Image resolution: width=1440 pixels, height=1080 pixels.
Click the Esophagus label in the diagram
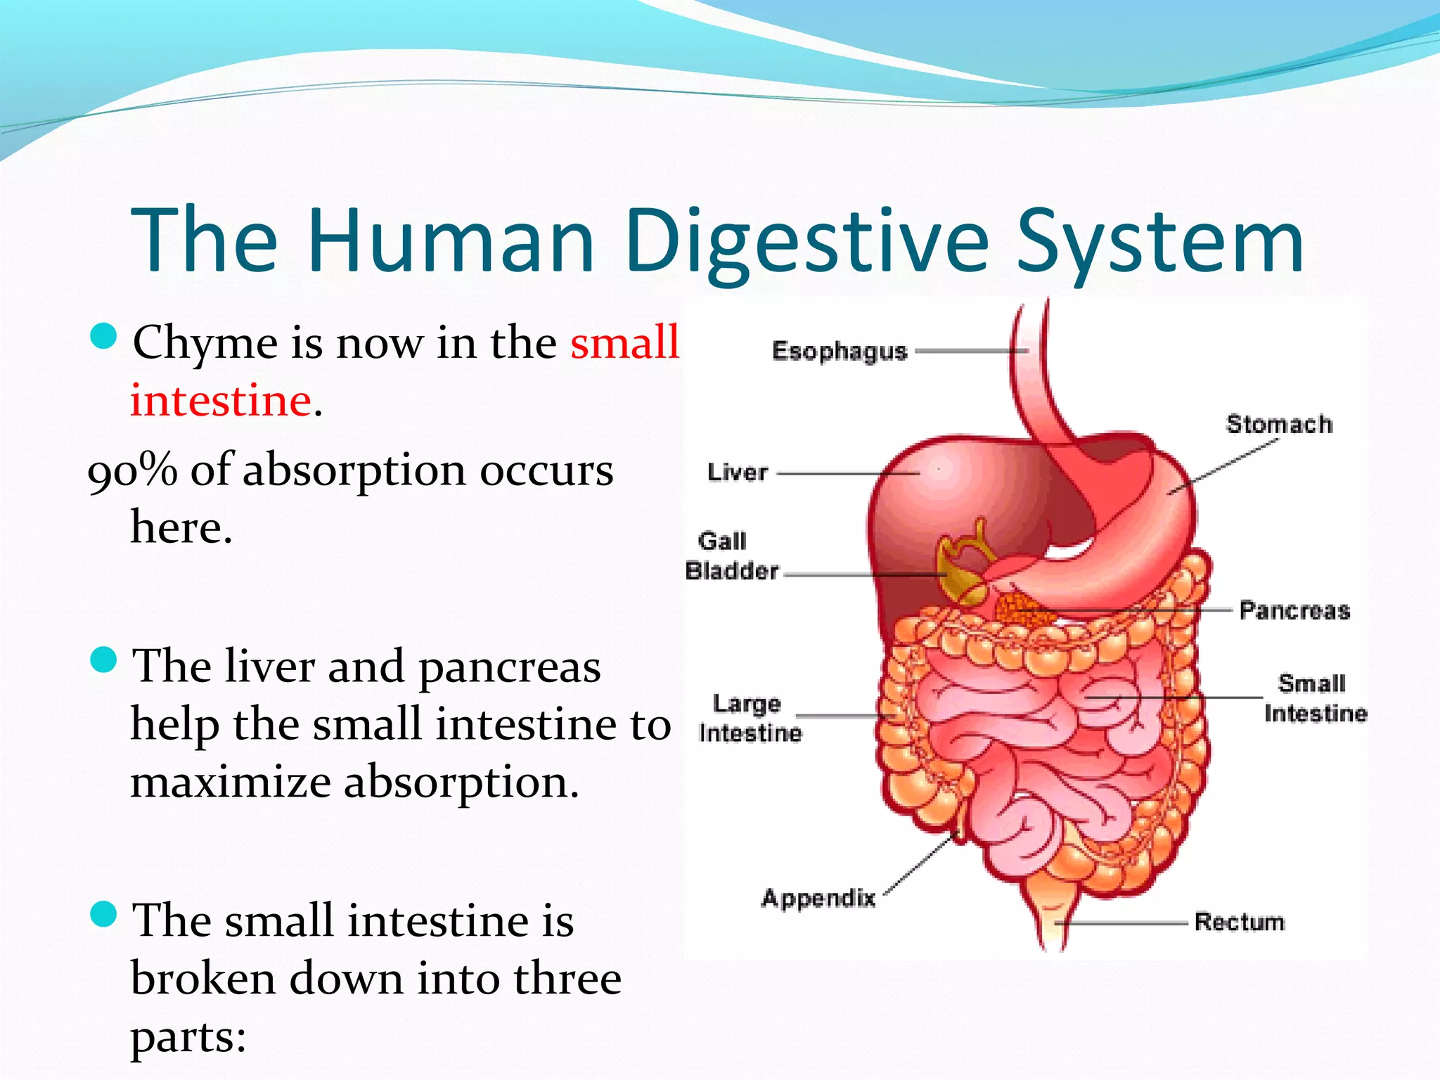840,351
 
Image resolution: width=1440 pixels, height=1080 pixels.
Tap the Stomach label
1279,425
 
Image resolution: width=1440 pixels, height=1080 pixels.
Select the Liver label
738,472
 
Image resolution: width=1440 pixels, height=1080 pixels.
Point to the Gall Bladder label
732,556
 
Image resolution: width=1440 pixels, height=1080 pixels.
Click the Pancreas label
1294,610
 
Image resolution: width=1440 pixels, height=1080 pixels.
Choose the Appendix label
818,898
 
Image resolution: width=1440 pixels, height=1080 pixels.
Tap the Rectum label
1240,922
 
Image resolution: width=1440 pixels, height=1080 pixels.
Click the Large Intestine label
750,718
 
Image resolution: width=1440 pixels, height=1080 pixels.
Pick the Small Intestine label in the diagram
1315,698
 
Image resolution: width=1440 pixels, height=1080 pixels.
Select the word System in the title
1160,241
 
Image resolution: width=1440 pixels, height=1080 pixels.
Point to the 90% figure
132,471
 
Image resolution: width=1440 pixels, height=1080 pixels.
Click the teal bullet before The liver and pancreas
104,661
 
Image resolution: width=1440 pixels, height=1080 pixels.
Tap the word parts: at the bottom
188,1036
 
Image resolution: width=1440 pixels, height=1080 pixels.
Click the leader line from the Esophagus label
970,351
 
